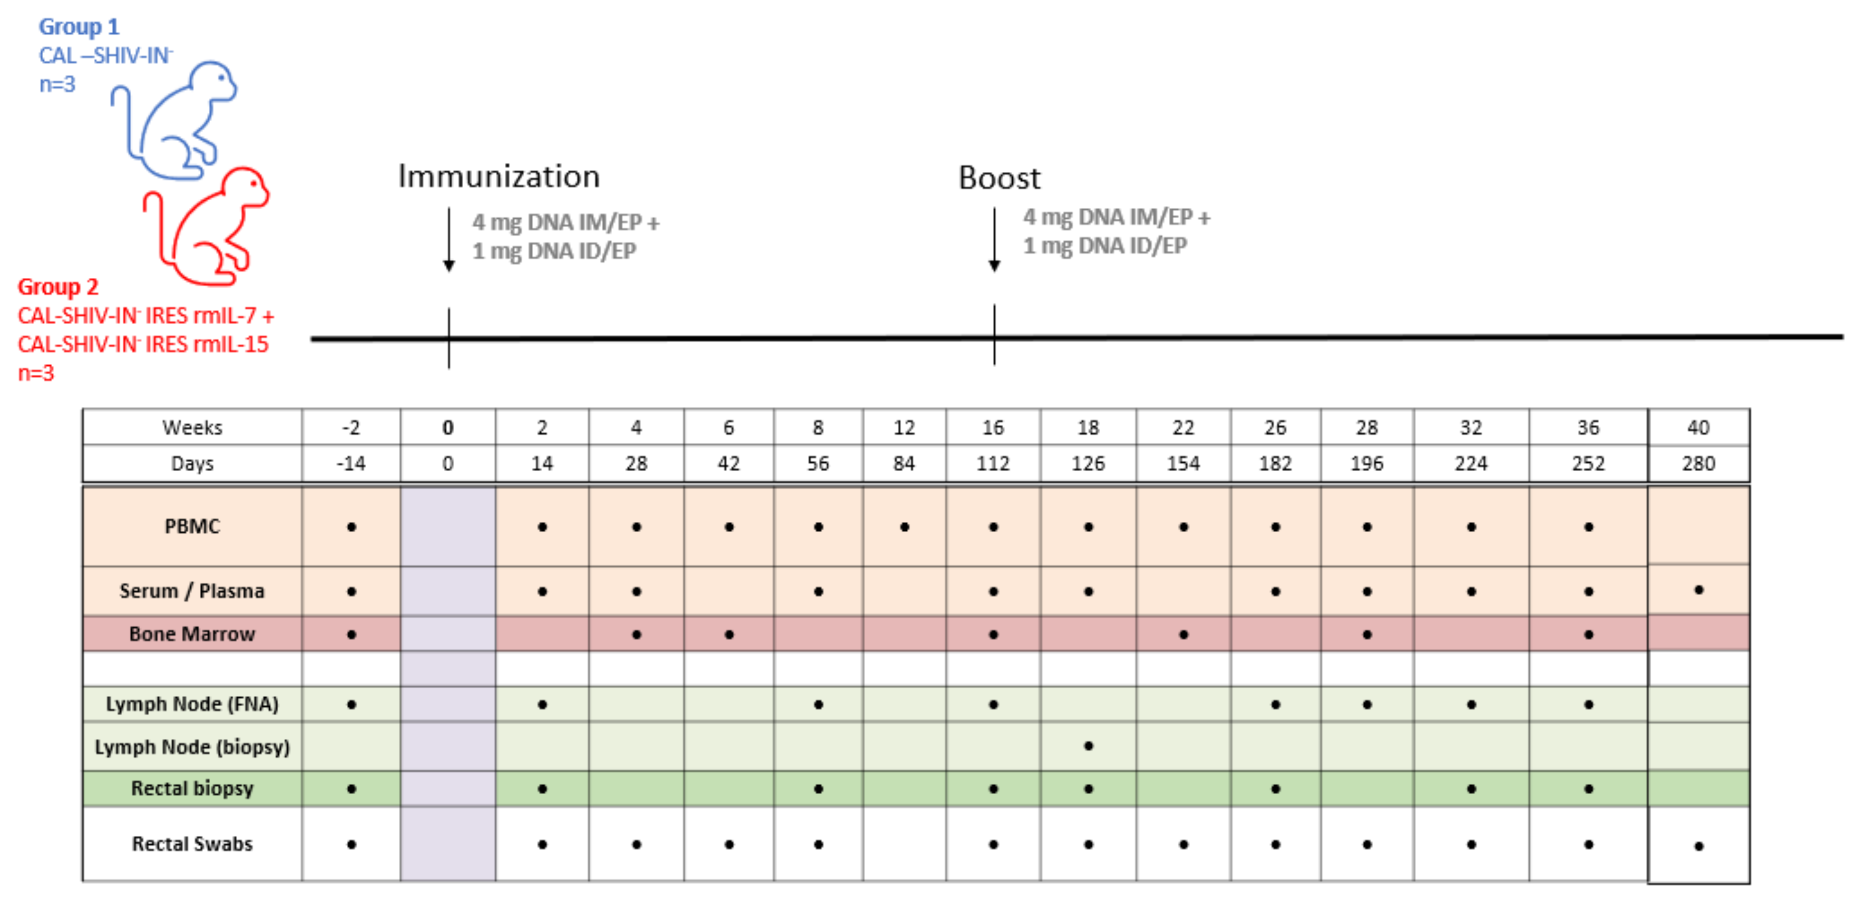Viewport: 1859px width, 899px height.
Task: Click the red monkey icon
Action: tap(209, 227)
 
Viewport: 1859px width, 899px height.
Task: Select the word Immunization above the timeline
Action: tap(499, 177)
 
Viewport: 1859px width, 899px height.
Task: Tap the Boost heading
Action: tap(999, 178)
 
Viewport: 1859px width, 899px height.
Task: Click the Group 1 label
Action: tap(79, 27)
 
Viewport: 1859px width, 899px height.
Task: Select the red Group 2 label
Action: tap(58, 287)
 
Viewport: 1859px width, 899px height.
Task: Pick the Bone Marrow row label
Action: tap(192, 634)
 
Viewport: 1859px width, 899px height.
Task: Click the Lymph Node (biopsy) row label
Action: tap(192, 747)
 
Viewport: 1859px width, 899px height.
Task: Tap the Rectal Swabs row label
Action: tap(192, 844)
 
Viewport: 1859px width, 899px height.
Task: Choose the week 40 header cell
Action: tap(1698, 428)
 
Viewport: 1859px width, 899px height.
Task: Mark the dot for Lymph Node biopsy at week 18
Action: tap(1088, 746)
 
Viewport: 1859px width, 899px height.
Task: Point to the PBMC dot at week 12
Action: tap(904, 527)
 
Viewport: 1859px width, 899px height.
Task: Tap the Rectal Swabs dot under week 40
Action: tap(1699, 846)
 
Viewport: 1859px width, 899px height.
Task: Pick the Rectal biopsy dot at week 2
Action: tap(542, 789)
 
